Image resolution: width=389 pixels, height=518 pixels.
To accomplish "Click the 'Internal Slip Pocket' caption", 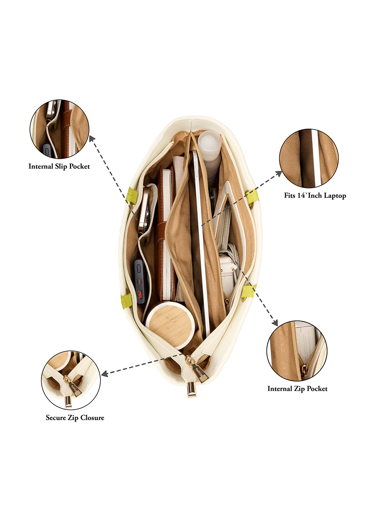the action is tap(59, 167).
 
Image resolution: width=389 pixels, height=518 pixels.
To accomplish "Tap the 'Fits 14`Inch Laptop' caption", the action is tap(315, 196).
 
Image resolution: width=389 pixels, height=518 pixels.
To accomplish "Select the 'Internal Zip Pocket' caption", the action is tap(298, 388).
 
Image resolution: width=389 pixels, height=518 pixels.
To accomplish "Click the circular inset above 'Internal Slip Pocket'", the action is tap(59, 129).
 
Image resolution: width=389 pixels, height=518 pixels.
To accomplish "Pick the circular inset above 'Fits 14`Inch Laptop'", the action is tap(309, 158).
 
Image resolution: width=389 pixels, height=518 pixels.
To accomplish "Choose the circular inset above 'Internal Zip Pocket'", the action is tap(297, 351).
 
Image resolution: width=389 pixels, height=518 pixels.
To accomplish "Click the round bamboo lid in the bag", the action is tap(170, 324).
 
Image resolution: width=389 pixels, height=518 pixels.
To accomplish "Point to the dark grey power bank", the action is tap(141, 281).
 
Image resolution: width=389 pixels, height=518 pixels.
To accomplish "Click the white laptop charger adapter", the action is tap(227, 275).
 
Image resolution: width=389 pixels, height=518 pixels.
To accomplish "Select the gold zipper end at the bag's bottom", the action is tap(192, 390).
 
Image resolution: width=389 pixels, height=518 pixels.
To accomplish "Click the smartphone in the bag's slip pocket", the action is tap(144, 207).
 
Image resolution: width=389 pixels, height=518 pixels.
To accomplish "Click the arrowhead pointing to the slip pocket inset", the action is tap(92, 139).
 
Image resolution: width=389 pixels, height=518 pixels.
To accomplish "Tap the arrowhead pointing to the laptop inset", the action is tap(279, 173).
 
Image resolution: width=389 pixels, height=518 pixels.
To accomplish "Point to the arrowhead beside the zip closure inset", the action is tap(104, 374).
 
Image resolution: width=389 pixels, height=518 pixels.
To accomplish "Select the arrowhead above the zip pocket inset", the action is tap(275, 322).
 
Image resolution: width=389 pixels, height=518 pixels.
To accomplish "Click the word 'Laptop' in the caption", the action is tap(335, 196).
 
